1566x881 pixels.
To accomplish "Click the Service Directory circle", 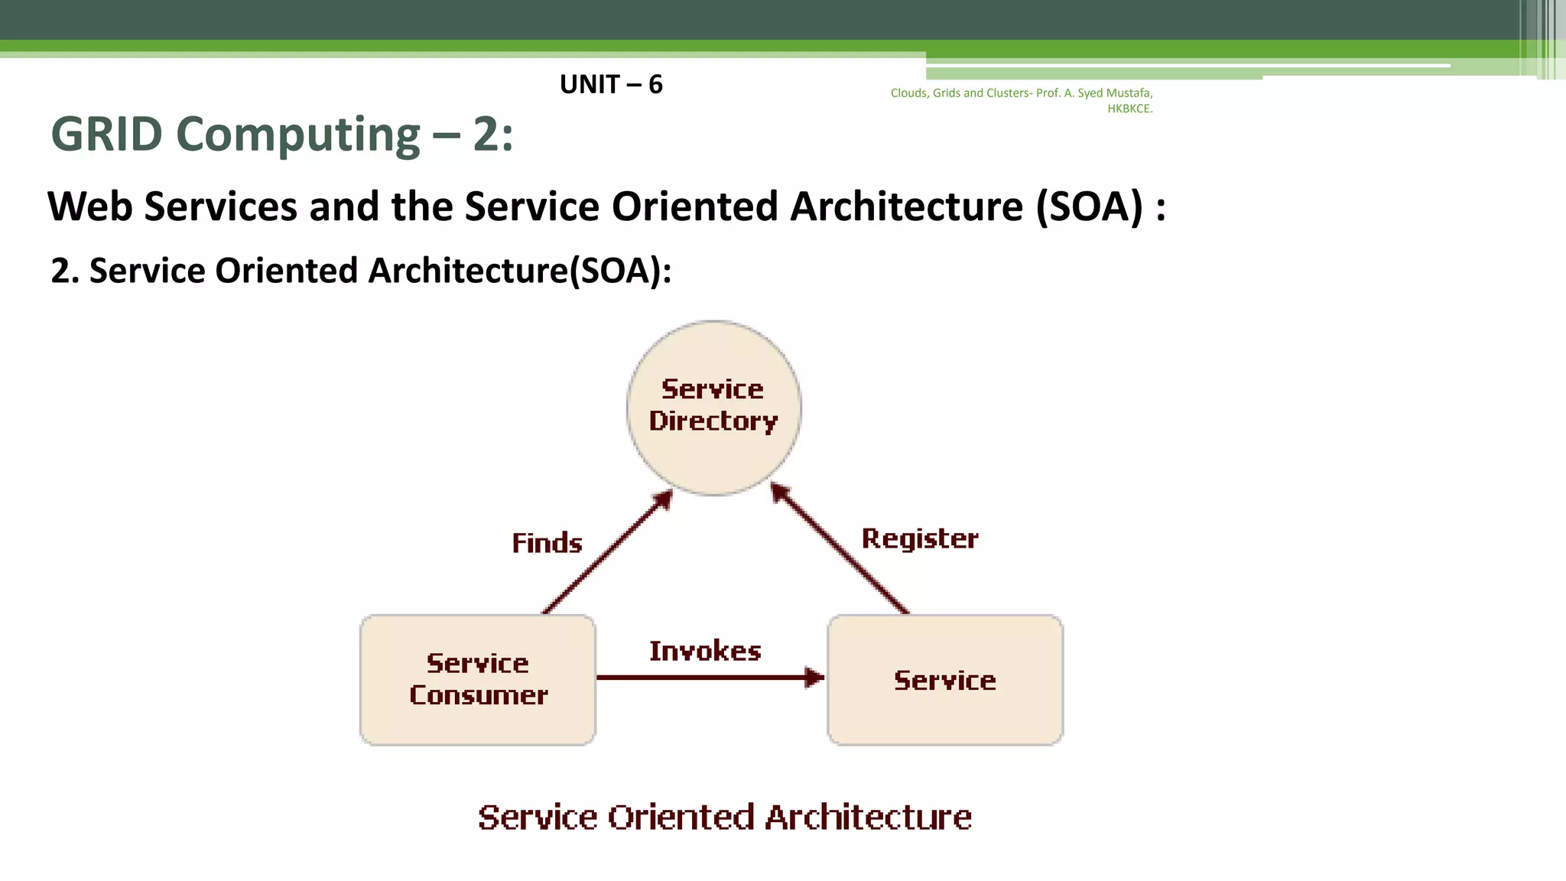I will (713, 407).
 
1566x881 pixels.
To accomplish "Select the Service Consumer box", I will (478, 679).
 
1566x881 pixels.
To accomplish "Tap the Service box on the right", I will (945, 679).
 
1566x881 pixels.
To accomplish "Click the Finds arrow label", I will (547, 543).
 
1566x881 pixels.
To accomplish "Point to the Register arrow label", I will (920, 538).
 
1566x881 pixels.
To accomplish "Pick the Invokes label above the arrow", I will (705, 651).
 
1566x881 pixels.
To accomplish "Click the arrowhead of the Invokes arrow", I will (815, 677).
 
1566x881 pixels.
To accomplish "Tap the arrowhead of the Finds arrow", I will (663, 499).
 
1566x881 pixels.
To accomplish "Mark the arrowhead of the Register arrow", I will (779, 493).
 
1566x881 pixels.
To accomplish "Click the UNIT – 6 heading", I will (611, 84).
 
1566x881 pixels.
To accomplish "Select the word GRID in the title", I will (106, 135).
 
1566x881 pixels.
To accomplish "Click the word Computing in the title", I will (298, 135).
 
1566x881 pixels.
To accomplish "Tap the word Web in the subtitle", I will (89, 206).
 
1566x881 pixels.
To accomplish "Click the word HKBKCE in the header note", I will (1129, 109).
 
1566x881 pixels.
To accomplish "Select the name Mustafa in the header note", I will (1129, 93).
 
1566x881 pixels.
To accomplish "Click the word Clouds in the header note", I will (908, 93).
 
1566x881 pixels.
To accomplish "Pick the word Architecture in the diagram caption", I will (869, 817).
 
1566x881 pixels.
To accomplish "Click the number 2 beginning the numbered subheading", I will (60, 271).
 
